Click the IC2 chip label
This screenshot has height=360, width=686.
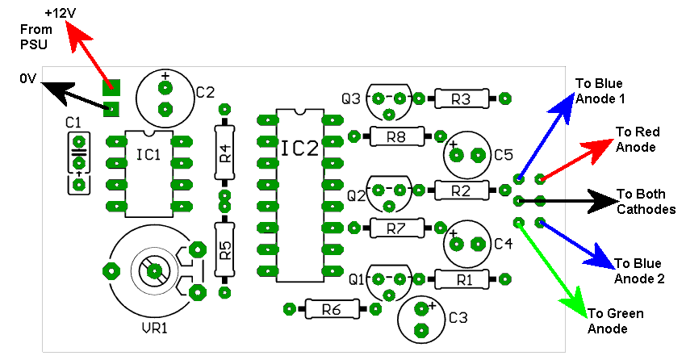click(300, 149)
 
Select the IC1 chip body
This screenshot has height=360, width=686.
click(148, 174)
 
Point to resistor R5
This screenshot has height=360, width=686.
click(225, 249)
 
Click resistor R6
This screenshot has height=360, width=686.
click(332, 309)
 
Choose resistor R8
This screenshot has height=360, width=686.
click(397, 136)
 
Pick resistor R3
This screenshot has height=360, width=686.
click(461, 98)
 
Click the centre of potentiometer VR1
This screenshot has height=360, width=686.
click(153, 271)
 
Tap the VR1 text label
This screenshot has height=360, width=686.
click(154, 328)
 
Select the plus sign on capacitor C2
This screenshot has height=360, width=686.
click(165, 76)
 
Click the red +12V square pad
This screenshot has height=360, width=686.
click(111, 87)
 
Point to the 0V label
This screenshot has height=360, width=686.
click(27, 79)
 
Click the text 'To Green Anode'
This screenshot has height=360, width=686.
click(615, 321)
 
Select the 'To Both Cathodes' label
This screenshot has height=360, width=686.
click(646, 202)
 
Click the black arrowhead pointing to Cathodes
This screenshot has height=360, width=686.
click(601, 201)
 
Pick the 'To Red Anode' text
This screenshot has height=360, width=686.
click(638, 140)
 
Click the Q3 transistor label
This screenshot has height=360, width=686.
click(351, 98)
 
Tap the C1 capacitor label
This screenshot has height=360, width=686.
click(73, 123)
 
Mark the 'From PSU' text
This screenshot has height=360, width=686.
click(36, 37)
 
